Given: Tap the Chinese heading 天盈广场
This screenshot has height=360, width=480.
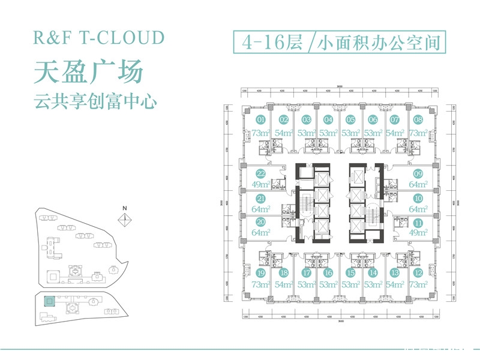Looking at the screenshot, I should (88, 71).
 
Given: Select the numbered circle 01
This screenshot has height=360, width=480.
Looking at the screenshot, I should (260, 119).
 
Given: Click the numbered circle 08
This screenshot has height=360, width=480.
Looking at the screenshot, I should (418, 119).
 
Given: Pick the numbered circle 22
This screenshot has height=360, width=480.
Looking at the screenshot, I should (260, 173).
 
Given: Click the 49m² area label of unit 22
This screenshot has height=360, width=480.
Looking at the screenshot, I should (260, 184).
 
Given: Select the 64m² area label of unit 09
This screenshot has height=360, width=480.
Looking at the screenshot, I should (418, 184).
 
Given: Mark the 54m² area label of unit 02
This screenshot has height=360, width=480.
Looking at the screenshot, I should (283, 133).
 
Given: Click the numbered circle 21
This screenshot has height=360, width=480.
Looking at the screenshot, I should (260, 198).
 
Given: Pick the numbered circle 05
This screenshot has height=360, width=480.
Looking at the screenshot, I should (350, 119).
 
